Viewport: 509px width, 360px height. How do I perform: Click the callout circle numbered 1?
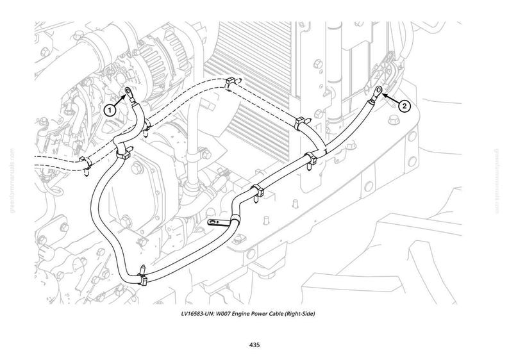click(x=110, y=110)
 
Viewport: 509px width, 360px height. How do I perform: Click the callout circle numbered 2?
click(x=404, y=106)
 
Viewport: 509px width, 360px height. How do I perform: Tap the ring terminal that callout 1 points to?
click(x=129, y=92)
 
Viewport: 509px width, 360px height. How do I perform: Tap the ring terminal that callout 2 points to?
click(x=378, y=90)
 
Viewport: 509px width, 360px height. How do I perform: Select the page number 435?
click(x=254, y=345)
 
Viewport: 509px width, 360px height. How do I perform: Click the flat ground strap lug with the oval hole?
click(x=217, y=222)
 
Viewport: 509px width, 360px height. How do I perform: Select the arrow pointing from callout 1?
click(x=119, y=99)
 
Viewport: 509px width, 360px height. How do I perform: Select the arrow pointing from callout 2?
click(x=390, y=99)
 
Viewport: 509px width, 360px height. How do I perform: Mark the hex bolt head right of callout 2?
click(x=394, y=120)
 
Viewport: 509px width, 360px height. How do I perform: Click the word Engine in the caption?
click(x=241, y=314)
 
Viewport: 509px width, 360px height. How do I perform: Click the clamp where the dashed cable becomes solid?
click(x=301, y=123)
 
